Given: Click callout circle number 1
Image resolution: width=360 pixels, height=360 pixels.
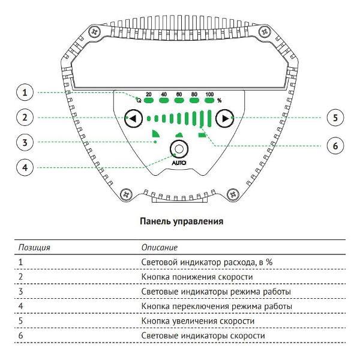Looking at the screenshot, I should (x=24, y=93).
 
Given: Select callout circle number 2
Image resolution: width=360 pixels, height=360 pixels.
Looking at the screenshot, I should (x=24, y=118).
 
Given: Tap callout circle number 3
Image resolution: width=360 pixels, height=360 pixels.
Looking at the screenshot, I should (x=24, y=142).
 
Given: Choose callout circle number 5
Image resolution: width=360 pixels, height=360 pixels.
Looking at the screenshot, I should (x=335, y=118).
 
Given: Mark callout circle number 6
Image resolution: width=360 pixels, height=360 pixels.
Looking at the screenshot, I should (x=335, y=144).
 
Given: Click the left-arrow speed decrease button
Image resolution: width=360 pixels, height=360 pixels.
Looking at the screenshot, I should (x=133, y=119).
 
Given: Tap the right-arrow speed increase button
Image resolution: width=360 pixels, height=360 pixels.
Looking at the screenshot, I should (x=224, y=119).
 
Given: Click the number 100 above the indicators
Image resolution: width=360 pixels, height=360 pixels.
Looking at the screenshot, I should (x=209, y=95).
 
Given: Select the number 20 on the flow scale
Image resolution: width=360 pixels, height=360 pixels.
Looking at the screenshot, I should (x=148, y=95).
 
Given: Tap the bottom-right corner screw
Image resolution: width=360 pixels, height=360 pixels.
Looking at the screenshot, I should (x=231, y=194).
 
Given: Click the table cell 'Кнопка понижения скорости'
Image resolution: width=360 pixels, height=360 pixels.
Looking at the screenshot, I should (x=197, y=277).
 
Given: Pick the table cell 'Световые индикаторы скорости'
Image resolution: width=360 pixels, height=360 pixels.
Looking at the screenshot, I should (x=202, y=336).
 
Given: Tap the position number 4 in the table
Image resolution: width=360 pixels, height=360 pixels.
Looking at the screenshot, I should (x=20, y=306).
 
